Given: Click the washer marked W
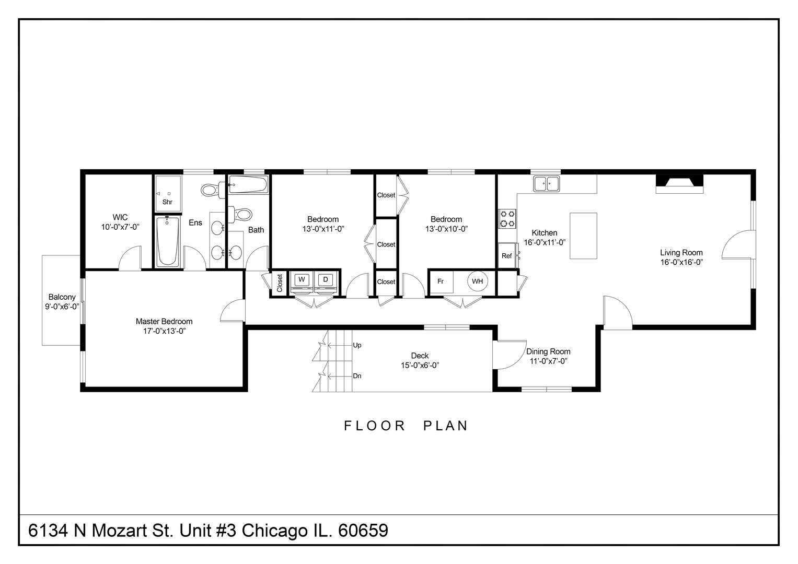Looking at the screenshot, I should tap(302, 280).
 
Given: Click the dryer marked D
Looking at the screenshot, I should tap(325, 280).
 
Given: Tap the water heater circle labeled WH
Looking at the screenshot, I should tap(477, 281).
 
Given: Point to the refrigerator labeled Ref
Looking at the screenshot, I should tap(507, 256).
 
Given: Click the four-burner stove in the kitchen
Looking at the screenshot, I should tap(507, 218).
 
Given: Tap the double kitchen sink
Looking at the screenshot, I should tap(546, 183).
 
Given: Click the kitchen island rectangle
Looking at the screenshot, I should tap(583, 236).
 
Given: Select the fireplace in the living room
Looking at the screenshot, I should tap(679, 182).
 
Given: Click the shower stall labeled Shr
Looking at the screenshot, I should tap(167, 194).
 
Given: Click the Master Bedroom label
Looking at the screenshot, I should tap(164, 322).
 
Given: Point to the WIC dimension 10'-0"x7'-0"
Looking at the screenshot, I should tap(120, 227).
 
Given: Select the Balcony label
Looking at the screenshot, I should tap(62, 297).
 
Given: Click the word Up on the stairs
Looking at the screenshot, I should tap(357, 345).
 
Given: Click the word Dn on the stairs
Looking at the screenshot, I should tap(357, 376).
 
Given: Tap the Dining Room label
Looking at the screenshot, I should tap(548, 351).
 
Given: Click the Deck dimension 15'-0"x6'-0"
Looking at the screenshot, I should tap(420, 366).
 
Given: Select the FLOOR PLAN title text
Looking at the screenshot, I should tap(406, 426).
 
